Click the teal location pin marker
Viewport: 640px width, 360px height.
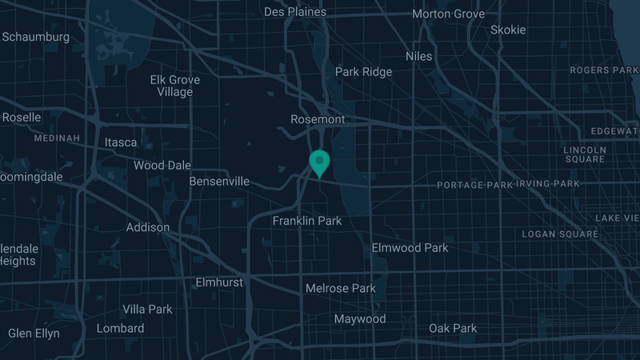click(319, 162)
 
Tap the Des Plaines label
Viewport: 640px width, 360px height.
click(295, 12)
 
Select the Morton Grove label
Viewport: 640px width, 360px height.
click(448, 14)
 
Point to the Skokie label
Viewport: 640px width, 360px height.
click(508, 30)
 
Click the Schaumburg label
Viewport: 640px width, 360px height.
click(35, 37)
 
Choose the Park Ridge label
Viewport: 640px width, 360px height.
click(363, 72)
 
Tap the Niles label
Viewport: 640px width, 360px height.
click(418, 56)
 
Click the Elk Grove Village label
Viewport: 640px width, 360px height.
click(175, 86)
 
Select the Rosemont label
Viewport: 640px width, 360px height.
click(318, 119)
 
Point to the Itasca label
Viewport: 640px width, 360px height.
click(121, 142)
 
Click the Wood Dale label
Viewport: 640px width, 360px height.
click(162, 166)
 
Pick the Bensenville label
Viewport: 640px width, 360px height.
click(219, 182)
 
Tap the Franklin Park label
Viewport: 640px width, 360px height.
click(307, 221)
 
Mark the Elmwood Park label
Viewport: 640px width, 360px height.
click(410, 248)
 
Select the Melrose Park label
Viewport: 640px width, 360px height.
click(340, 288)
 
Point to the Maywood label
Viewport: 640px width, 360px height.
click(359, 319)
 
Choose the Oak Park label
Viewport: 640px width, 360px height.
click(453, 329)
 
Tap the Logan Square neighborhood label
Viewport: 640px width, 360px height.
click(560, 234)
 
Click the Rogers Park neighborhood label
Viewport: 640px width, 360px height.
click(604, 70)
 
